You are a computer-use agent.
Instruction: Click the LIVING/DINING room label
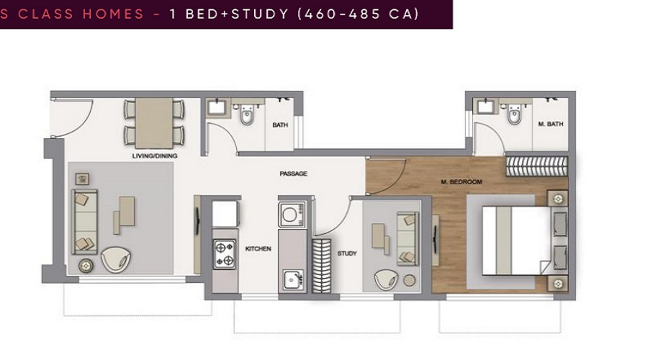point(155,156)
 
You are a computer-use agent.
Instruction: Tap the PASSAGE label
point(294,174)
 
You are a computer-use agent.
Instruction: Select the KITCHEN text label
point(258,249)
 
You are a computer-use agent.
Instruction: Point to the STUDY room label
point(347,253)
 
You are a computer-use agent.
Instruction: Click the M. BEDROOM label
point(462,182)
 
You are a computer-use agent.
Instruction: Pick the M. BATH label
point(551,125)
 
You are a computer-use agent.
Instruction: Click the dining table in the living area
point(154,123)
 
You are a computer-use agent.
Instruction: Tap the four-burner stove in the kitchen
point(225,254)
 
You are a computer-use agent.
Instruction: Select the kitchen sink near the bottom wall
point(292,278)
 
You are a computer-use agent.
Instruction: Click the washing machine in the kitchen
point(292,215)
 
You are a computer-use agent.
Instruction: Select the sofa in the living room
point(84,221)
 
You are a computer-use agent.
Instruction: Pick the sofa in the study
point(408,238)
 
